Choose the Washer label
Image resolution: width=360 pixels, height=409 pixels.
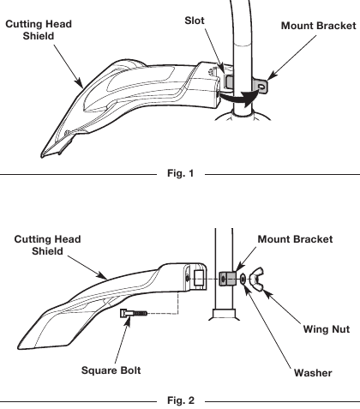coord(311,372)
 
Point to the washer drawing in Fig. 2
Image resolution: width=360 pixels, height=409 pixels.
coord(245,280)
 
